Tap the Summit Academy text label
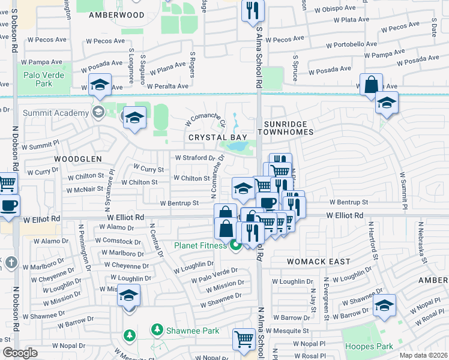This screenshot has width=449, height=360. tap(55, 112)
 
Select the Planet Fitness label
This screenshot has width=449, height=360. tap(200, 245)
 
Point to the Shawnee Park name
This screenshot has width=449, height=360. tap(192, 331)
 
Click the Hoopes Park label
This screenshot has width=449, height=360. tap(369, 346)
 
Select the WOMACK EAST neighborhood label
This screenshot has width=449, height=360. tap(314, 262)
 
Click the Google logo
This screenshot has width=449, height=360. tap(20, 353)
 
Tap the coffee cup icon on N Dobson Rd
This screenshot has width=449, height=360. tap(8, 205)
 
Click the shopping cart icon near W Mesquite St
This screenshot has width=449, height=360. tap(244, 339)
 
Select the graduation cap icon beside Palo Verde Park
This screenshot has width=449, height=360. tap(100, 85)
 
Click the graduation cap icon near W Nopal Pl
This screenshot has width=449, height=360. tap(384, 305)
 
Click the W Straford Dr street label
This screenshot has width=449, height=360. tap(194, 158)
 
